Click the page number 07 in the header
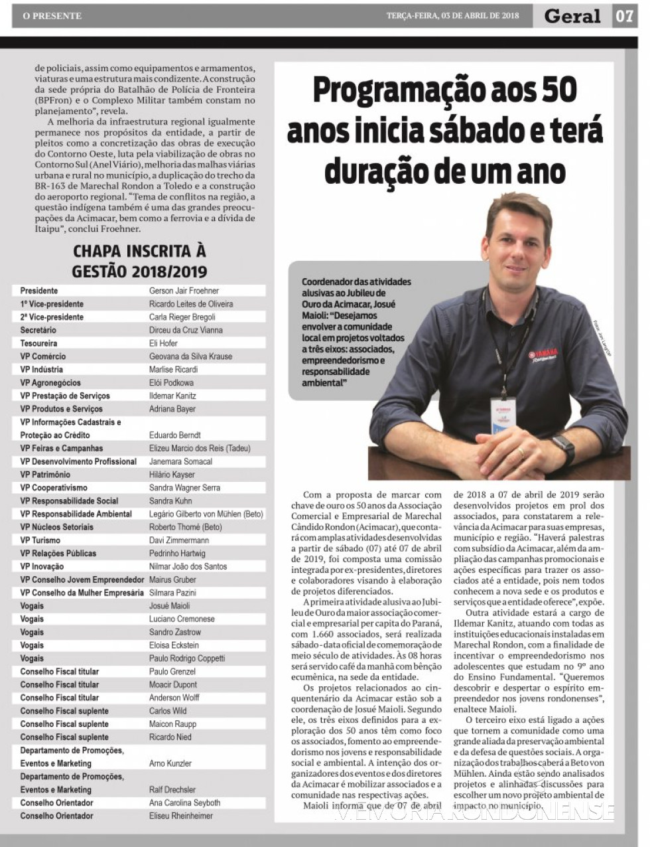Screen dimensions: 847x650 624,16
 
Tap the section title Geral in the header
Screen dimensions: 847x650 572,16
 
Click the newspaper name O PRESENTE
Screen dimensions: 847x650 52,16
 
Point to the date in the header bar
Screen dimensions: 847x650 452,16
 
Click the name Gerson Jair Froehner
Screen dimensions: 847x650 184,291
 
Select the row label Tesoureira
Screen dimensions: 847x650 38,343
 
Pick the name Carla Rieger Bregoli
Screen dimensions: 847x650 182,317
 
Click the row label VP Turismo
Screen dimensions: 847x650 40,540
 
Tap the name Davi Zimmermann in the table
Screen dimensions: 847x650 179,540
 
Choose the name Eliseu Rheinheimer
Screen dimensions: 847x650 181,816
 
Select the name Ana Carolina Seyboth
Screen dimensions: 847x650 184,803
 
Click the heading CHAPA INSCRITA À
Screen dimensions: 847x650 139,252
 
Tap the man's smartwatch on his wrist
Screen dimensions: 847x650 562,448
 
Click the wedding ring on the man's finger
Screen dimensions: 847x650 520,452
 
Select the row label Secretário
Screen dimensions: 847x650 38,330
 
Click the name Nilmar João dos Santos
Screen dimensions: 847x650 188,566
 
